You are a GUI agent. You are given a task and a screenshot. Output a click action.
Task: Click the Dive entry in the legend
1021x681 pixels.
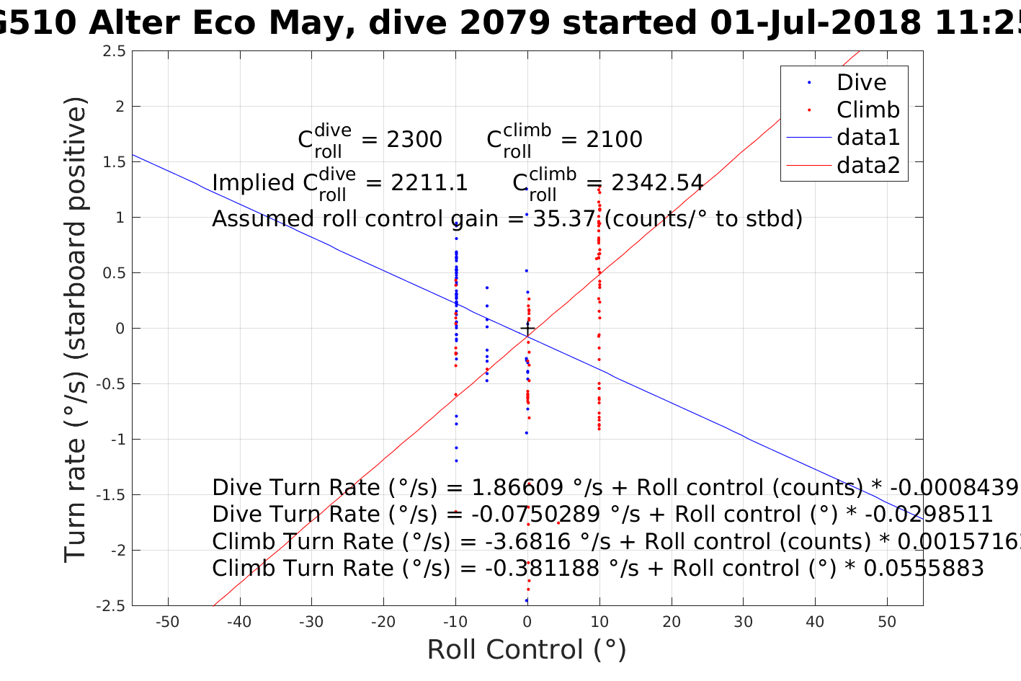click(x=861, y=83)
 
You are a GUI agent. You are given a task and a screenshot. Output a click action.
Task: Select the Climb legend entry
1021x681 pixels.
click(x=868, y=110)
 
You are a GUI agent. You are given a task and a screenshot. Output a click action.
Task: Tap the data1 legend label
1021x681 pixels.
click(x=868, y=138)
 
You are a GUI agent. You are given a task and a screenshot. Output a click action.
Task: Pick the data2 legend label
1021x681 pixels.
click(x=868, y=166)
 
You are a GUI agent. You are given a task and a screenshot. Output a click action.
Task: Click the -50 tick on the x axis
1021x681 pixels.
click(x=167, y=622)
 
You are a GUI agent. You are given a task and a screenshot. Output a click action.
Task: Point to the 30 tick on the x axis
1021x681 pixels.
click(x=743, y=622)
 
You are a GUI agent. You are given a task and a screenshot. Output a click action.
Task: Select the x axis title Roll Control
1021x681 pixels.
click(x=527, y=650)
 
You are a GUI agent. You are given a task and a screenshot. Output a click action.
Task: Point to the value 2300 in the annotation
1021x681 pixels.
click(x=414, y=140)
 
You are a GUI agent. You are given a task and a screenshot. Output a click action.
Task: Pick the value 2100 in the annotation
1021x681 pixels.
click(x=614, y=140)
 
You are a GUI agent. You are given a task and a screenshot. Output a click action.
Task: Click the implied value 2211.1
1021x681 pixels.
click(x=429, y=183)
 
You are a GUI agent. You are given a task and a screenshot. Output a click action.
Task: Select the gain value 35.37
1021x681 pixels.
click(x=564, y=218)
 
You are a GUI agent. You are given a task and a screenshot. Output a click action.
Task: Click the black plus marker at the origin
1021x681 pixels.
click(x=527, y=329)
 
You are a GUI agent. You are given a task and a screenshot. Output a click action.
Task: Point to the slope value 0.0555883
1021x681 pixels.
click(x=923, y=569)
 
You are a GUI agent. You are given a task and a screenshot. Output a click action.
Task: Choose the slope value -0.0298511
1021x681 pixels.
click(x=929, y=515)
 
